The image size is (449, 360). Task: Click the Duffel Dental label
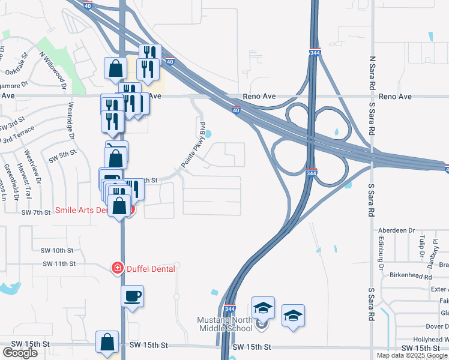click(151, 269)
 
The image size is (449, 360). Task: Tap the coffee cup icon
click(133, 296)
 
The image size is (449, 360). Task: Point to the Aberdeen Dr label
click(396, 230)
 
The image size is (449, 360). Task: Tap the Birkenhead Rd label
click(411, 277)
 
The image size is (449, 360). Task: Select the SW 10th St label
click(58, 250)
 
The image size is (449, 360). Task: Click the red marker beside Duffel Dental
click(118, 268)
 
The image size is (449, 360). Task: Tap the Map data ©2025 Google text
click(412, 355)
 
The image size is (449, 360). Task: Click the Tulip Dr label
click(422, 245)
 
